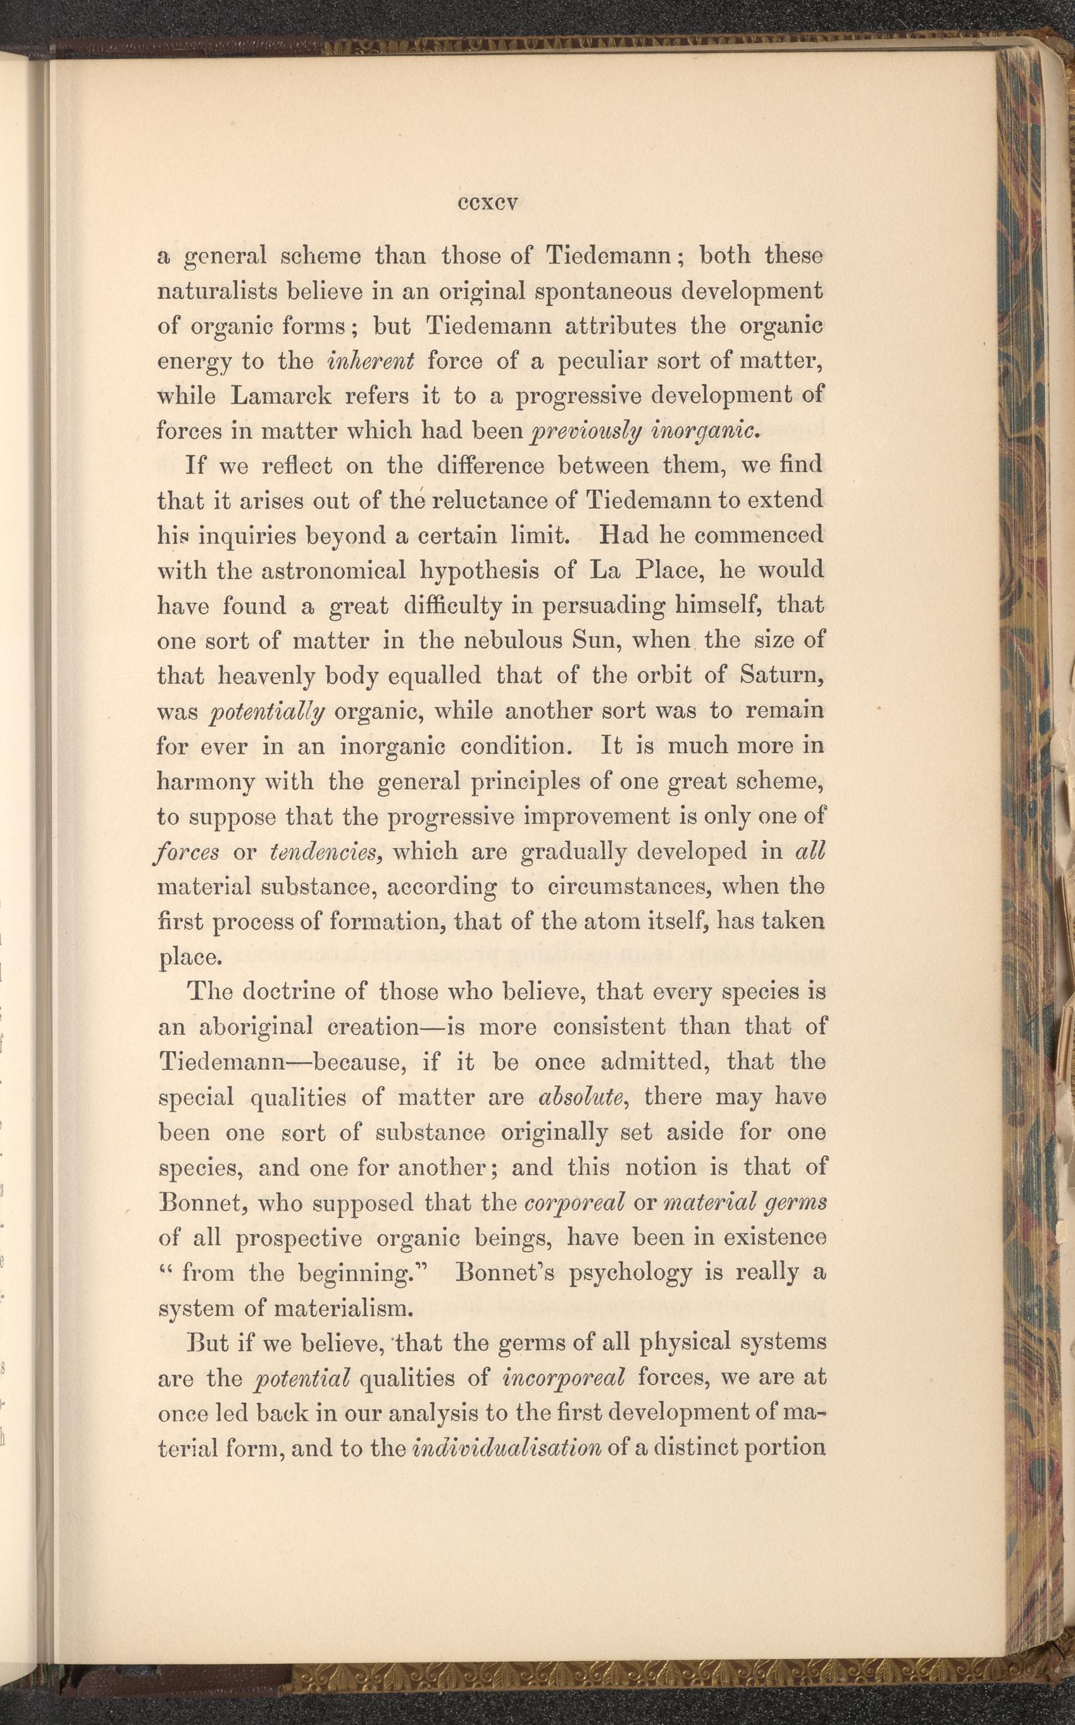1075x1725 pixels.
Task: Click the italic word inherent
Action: tap(370, 361)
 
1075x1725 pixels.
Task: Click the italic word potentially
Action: tap(268, 711)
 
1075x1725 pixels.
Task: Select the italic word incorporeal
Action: tap(563, 1378)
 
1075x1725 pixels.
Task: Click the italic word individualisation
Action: tap(506, 1448)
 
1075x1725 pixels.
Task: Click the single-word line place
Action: tap(189, 959)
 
